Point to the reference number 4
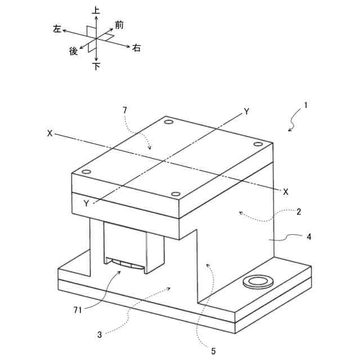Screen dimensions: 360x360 309,237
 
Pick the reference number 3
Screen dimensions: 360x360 99,335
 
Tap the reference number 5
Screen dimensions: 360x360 213,352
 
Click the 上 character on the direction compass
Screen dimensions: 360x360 96,10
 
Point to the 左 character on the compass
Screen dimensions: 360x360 57,29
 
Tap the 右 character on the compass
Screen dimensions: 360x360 137,49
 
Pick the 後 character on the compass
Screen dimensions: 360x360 73,51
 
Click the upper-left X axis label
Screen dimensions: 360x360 50,134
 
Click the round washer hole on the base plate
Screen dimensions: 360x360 257,281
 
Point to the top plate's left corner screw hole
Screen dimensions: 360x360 85,172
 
